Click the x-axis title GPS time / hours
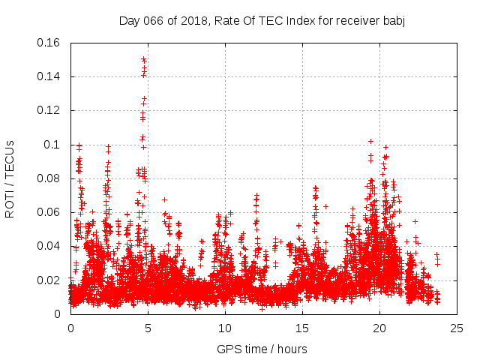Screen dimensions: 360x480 (262, 349)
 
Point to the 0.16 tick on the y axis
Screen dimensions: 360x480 (51, 43)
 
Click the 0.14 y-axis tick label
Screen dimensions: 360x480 (51, 76)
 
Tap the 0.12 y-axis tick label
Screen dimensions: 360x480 (51, 110)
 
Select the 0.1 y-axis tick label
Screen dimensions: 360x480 (54, 145)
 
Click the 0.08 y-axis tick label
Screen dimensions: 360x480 (51, 178)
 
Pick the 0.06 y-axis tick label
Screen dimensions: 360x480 (51, 212)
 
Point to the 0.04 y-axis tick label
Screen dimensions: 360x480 (51, 246)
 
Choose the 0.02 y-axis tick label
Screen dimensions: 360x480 (51, 280)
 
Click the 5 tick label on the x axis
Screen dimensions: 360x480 (148, 328)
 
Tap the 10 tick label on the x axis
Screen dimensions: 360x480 (225, 328)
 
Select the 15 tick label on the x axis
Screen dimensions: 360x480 (302, 328)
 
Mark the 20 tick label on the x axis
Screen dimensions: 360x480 (379, 328)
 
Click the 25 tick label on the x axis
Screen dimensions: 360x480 (457, 328)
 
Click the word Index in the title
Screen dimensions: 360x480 (302, 20)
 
